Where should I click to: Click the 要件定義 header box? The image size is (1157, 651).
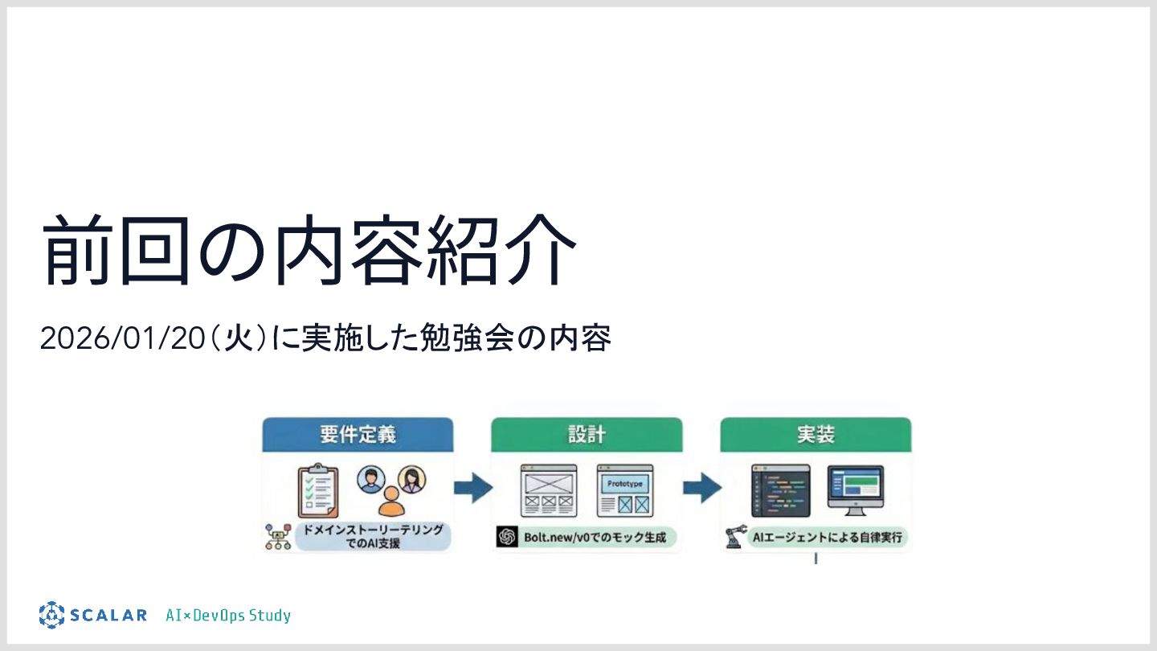358,435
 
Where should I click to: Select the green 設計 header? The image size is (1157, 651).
587,435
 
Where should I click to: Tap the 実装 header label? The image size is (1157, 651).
816,435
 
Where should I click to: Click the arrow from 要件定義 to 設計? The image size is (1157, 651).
472,487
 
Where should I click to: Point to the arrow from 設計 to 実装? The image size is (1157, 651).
701,487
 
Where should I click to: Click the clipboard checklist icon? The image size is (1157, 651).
317,490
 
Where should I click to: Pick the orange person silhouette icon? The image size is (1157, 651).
391,502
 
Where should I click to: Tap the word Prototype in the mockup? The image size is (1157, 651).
625,484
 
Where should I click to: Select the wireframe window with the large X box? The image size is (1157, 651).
549,490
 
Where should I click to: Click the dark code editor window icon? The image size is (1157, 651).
780,490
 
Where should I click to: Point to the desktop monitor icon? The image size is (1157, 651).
855,489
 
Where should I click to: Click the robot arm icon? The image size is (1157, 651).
733,538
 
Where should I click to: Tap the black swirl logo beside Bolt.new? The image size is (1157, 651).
506,537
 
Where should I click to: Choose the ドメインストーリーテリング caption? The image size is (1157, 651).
372,537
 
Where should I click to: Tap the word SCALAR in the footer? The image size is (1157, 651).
108,616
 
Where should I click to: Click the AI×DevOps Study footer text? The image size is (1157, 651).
228,616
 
